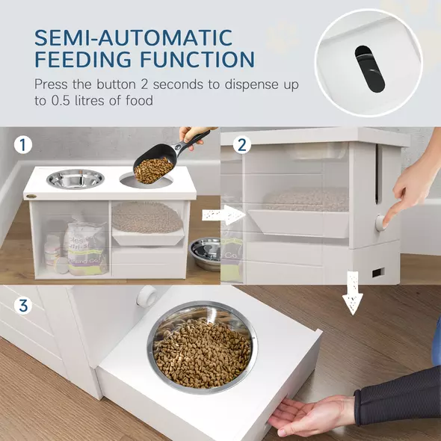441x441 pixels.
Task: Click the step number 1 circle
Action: point(24,145)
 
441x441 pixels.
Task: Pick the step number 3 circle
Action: point(24,306)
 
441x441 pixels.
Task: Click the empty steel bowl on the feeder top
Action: point(75,179)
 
